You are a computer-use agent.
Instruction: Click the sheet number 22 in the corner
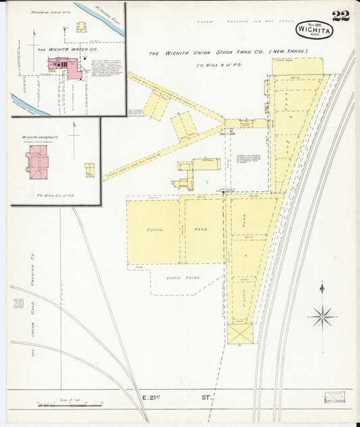pos(340,16)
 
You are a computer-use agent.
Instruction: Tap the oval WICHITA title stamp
pos(313,30)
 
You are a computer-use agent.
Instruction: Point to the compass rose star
pos(322,316)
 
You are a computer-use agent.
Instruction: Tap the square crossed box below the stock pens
pos(240,333)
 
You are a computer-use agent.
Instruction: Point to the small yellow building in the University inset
pos(89,170)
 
